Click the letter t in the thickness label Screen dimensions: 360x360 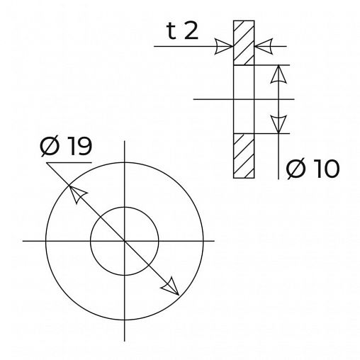click(171, 31)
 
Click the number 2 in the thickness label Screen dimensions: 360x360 click(191, 31)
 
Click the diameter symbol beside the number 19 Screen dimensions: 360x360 click(50, 147)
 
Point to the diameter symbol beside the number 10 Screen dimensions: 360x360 click(296, 169)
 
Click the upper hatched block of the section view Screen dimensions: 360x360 click(244, 43)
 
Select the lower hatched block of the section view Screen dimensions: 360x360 click(244, 156)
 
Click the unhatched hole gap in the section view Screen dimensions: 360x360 click(244, 99)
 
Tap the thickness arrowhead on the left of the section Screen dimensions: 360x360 click(224, 46)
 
